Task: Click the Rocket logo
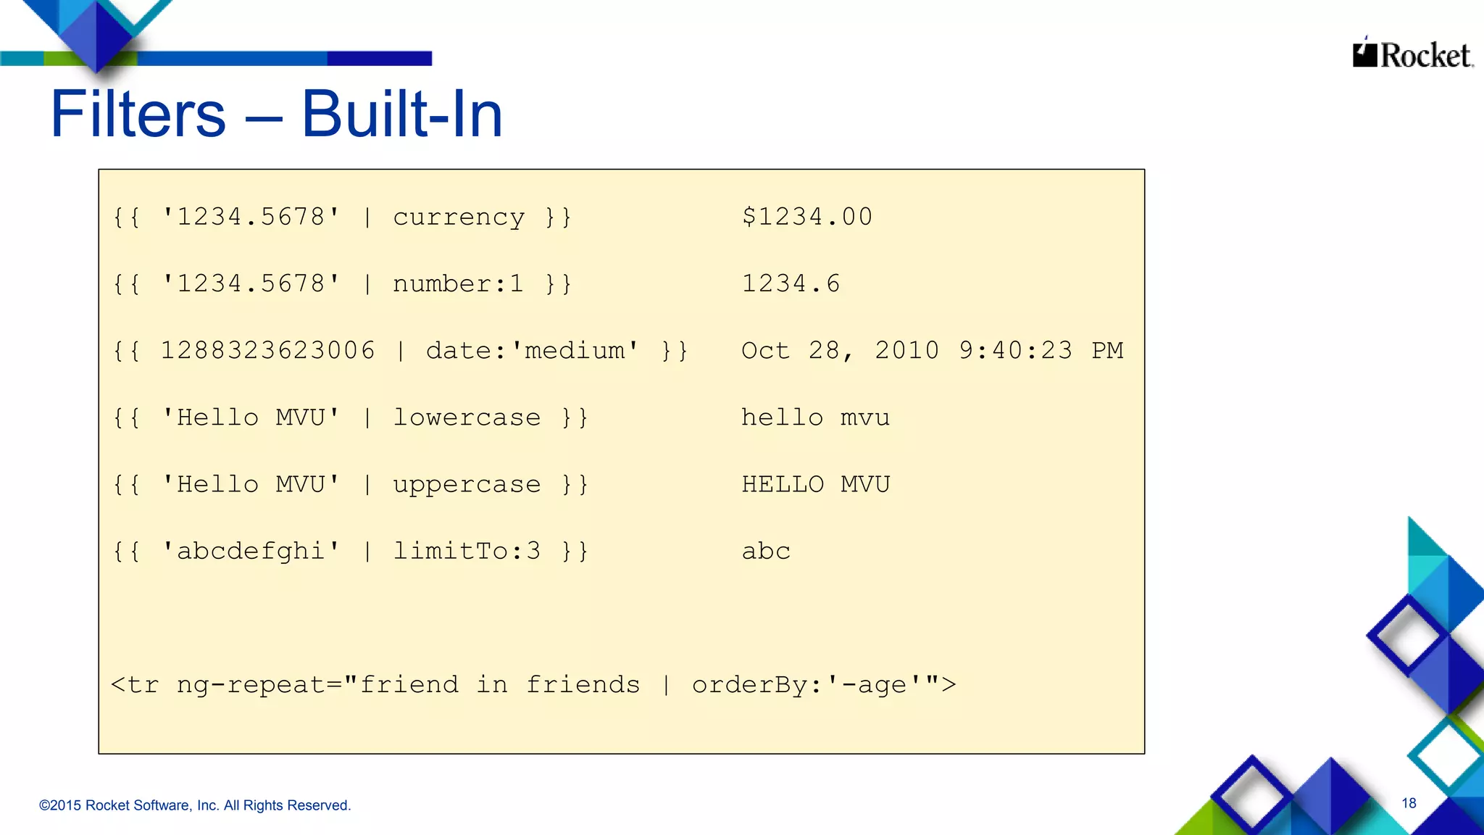pyautogui.click(x=1412, y=54)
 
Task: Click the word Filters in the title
pyautogui.click(x=138, y=115)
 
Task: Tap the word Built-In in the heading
pyautogui.click(x=402, y=115)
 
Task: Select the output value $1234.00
pyautogui.click(x=806, y=217)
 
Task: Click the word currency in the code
pyautogui.click(x=459, y=217)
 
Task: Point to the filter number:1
pyautogui.click(x=458, y=283)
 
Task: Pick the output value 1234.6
pyautogui.click(x=791, y=283)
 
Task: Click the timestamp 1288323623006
pyautogui.click(x=267, y=351)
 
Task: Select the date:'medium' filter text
pyautogui.click(x=533, y=351)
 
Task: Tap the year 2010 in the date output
pyautogui.click(x=906, y=351)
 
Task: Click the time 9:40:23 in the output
pyautogui.click(x=1015, y=351)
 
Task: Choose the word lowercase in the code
pyautogui.click(x=467, y=417)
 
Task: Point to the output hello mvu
pyautogui.click(x=815, y=417)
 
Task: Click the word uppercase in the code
pyautogui.click(x=467, y=485)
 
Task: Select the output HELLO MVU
pyautogui.click(x=815, y=484)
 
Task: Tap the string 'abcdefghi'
pyautogui.click(x=251, y=551)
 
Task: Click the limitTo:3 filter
pyautogui.click(x=467, y=551)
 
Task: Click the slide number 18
pyautogui.click(x=1409, y=803)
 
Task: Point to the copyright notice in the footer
pyautogui.click(x=195, y=805)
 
